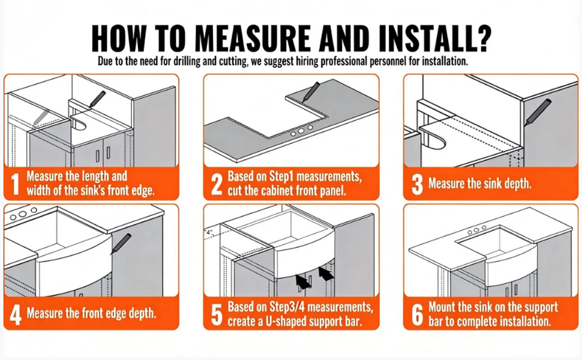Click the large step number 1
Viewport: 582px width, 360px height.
click(15, 184)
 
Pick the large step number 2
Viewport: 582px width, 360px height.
click(217, 184)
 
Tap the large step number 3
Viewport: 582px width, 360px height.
click(417, 184)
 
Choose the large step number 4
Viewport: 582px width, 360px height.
click(16, 315)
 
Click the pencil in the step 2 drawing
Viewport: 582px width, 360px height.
click(311, 92)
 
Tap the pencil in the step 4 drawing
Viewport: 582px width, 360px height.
click(121, 244)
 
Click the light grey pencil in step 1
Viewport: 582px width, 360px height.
click(41, 117)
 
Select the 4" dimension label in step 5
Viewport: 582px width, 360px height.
click(209, 232)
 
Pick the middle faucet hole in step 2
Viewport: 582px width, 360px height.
click(301, 130)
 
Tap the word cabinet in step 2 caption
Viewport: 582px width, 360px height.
click(275, 190)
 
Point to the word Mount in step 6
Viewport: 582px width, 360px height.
click(442, 307)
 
